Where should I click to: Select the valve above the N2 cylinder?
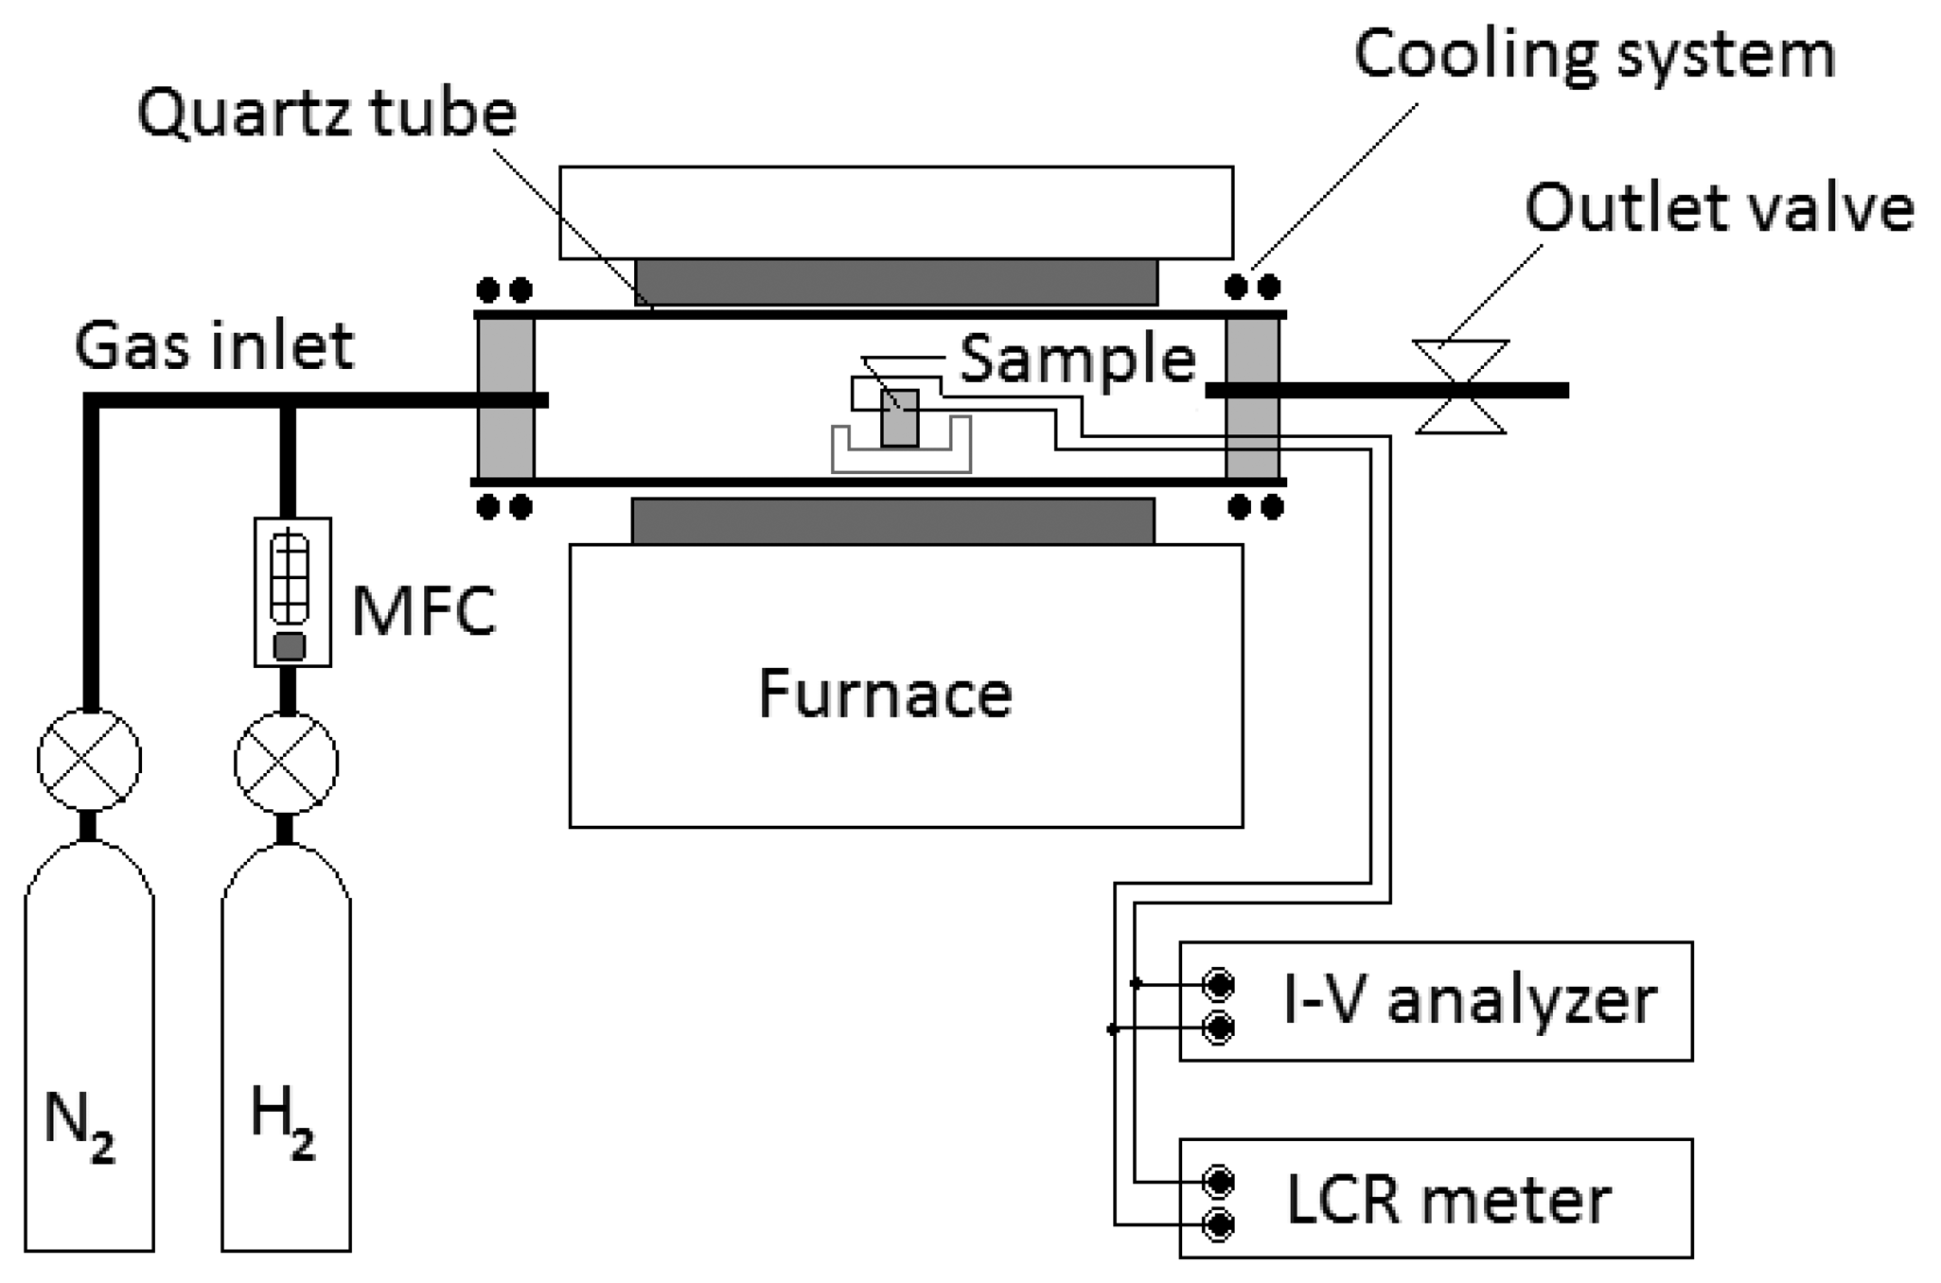pyautogui.click(x=89, y=760)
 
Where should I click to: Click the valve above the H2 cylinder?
pyautogui.click(x=286, y=763)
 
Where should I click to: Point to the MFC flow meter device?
pyautogui.click(x=292, y=591)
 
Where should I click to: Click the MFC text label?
pyautogui.click(x=423, y=612)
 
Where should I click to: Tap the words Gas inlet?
pyautogui.click(x=214, y=346)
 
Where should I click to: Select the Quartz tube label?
pyautogui.click(x=326, y=114)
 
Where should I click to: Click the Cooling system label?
pyautogui.click(x=1594, y=55)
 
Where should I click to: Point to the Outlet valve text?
pyautogui.click(x=1719, y=208)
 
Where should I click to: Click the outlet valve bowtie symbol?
pyautogui.click(x=1460, y=388)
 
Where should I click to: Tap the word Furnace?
pyautogui.click(x=885, y=694)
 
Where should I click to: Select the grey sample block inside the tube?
pyautogui.click(x=899, y=417)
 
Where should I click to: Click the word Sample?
pyautogui.click(x=1077, y=360)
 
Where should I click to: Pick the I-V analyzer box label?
pyautogui.click(x=1469, y=1001)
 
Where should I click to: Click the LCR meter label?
pyautogui.click(x=1447, y=1200)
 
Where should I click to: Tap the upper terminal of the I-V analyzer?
pyautogui.click(x=1219, y=985)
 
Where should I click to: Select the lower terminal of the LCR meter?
pyautogui.click(x=1219, y=1226)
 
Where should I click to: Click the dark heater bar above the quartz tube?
pyautogui.click(x=895, y=282)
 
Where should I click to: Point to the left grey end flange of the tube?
pyautogui.click(x=505, y=398)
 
